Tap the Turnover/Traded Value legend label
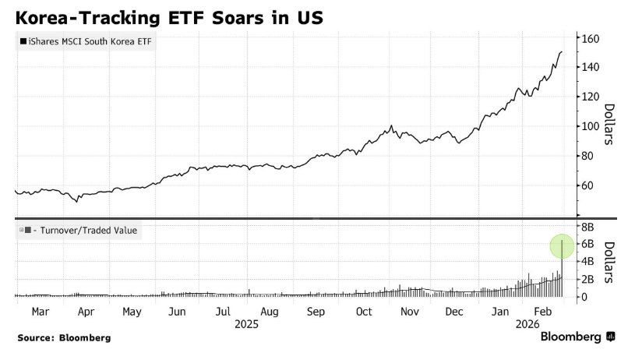click(x=80, y=230)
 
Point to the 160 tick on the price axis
click(x=588, y=38)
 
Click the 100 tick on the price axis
click(x=588, y=126)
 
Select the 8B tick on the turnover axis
click(x=586, y=227)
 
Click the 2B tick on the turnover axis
click(x=586, y=279)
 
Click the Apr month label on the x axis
click(x=86, y=312)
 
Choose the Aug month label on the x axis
click(x=270, y=312)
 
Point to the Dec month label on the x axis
click(x=455, y=312)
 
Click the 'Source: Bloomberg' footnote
click(x=64, y=338)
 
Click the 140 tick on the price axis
click(x=588, y=68)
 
